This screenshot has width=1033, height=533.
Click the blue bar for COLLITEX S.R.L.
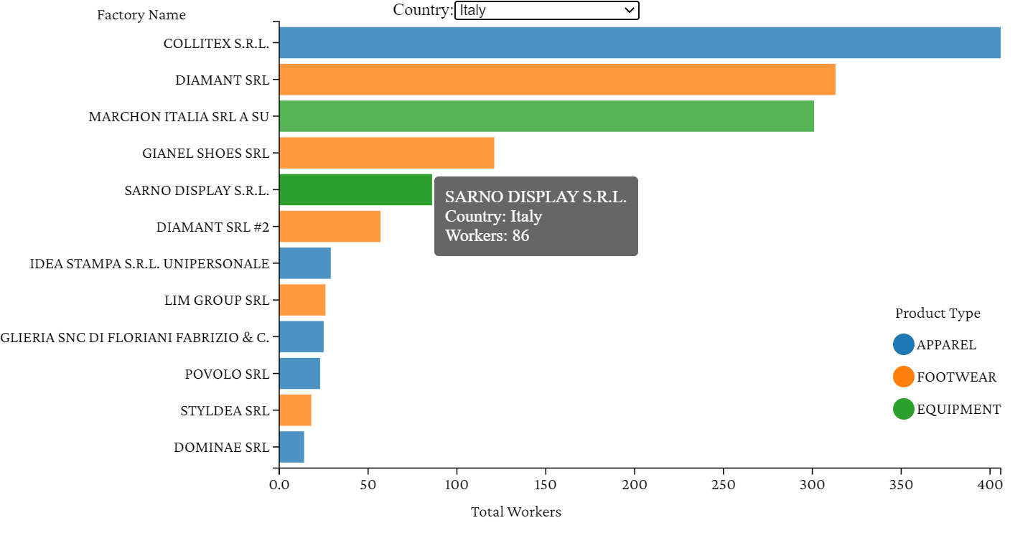(x=639, y=43)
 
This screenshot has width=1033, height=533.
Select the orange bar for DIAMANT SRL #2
(x=329, y=227)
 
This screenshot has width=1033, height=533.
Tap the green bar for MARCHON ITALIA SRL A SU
(x=546, y=116)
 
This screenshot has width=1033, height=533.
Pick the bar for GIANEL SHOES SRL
(x=386, y=153)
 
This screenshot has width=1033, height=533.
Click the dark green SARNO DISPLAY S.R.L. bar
(x=355, y=190)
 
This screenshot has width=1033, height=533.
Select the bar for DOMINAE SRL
(x=291, y=447)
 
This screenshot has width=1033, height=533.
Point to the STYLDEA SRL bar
(x=295, y=410)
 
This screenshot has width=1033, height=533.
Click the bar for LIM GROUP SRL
(x=302, y=300)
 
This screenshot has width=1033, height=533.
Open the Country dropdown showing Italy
(x=546, y=10)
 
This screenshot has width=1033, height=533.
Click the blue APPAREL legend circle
(x=903, y=344)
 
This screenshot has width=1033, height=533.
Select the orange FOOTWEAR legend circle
(x=903, y=377)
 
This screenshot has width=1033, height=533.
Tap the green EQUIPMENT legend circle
(x=903, y=409)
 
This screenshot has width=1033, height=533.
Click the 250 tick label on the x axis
(x=724, y=485)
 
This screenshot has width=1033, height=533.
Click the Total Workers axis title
(x=515, y=511)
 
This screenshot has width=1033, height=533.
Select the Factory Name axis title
(x=141, y=15)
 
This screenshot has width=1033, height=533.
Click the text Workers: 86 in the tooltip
(x=487, y=235)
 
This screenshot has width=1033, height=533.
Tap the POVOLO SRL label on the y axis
(x=227, y=374)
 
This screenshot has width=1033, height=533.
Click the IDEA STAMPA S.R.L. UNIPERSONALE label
(x=149, y=264)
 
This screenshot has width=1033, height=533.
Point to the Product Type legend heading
(x=938, y=313)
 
